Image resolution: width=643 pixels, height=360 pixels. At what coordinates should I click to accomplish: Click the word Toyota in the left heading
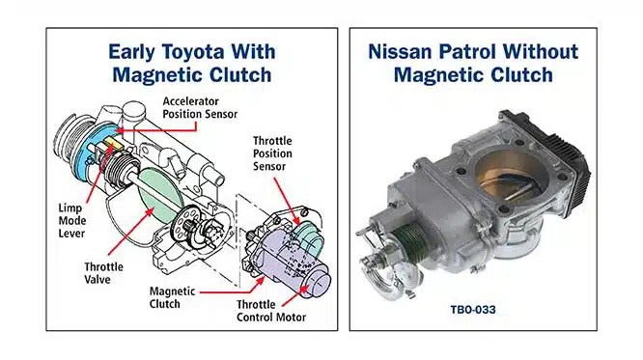point(193,52)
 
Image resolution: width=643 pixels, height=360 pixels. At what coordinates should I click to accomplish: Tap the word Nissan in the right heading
point(400,52)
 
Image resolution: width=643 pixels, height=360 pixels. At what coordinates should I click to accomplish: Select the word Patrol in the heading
point(467,52)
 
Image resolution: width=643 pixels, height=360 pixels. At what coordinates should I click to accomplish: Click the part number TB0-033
point(473,309)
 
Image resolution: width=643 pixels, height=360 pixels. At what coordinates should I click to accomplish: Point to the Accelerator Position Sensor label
point(200,107)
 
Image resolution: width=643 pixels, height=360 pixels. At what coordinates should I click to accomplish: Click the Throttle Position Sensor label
point(272,153)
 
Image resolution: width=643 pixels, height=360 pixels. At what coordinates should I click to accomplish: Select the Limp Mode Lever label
point(72,221)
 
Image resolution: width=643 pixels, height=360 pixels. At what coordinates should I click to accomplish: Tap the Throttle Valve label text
point(103,273)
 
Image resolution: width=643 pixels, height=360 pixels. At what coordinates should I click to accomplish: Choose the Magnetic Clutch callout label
point(172,297)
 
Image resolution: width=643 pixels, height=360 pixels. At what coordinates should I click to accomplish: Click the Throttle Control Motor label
point(271,311)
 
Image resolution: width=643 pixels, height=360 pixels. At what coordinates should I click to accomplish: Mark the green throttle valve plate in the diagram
point(160,196)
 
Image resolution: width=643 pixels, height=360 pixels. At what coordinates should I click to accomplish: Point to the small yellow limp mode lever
point(111,142)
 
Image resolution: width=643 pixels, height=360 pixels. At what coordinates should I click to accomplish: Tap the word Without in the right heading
point(541,52)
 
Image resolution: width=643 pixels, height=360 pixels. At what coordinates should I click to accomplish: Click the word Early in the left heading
point(131,53)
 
